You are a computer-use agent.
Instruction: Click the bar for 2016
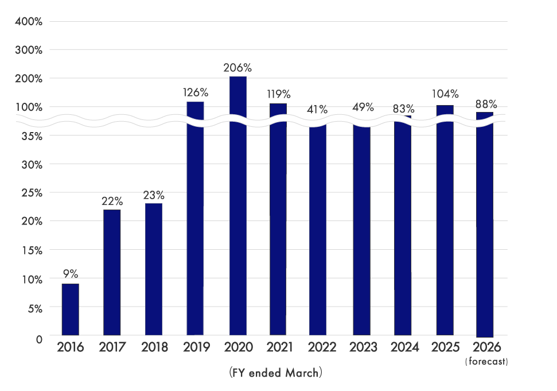coord(70,309)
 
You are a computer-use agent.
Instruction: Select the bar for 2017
coord(112,272)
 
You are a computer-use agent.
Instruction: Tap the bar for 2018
coord(154,269)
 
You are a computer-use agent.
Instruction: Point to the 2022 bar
coord(318,230)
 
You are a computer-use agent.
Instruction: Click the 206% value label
coord(237,68)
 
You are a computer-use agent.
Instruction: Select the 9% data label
coord(70,275)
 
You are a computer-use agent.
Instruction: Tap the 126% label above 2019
coord(196,92)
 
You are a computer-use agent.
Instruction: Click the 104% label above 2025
coord(446,94)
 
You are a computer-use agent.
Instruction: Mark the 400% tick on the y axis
coord(30,22)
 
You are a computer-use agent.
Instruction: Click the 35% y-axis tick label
coord(32,136)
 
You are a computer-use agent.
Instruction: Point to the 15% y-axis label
coord(32,251)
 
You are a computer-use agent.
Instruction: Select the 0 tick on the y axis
coord(39,339)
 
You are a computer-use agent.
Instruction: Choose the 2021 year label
coord(279,347)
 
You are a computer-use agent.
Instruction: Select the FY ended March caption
coord(276,373)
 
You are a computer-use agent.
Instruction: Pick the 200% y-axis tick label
coord(30,79)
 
